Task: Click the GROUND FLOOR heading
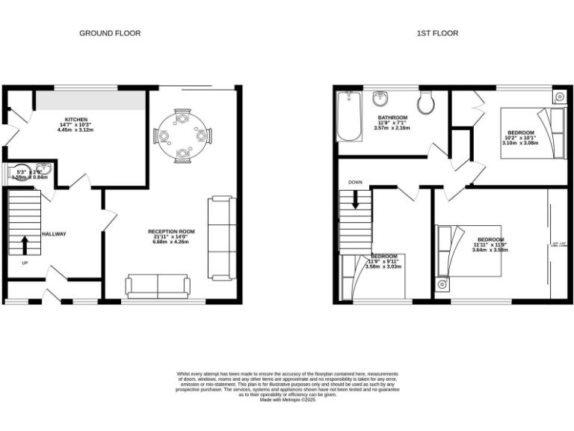pyautogui.click(x=110, y=33)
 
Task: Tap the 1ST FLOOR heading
pyautogui.click(x=437, y=33)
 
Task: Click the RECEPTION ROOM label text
pyautogui.click(x=171, y=232)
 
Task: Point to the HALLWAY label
pyautogui.click(x=54, y=234)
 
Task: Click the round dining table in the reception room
pyautogui.click(x=182, y=135)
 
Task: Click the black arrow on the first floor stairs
pyautogui.click(x=355, y=199)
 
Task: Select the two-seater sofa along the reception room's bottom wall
pyautogui.click(x=158, y=285)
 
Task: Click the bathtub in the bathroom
pyautogui.click(x=349, y=116)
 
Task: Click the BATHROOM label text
pyautogui.click(x=392, y=118)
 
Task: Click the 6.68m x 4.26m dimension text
pyautogui.click(x=170, y=242)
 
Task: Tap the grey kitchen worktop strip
pyautogui.click(x=91, y=100)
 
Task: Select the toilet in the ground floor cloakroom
pyautogui.click(x=18, y=172)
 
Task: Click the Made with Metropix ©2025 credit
pyautogui.click(x=288, y=400)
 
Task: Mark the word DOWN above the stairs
pyautogui.click(x=355, y=182)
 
